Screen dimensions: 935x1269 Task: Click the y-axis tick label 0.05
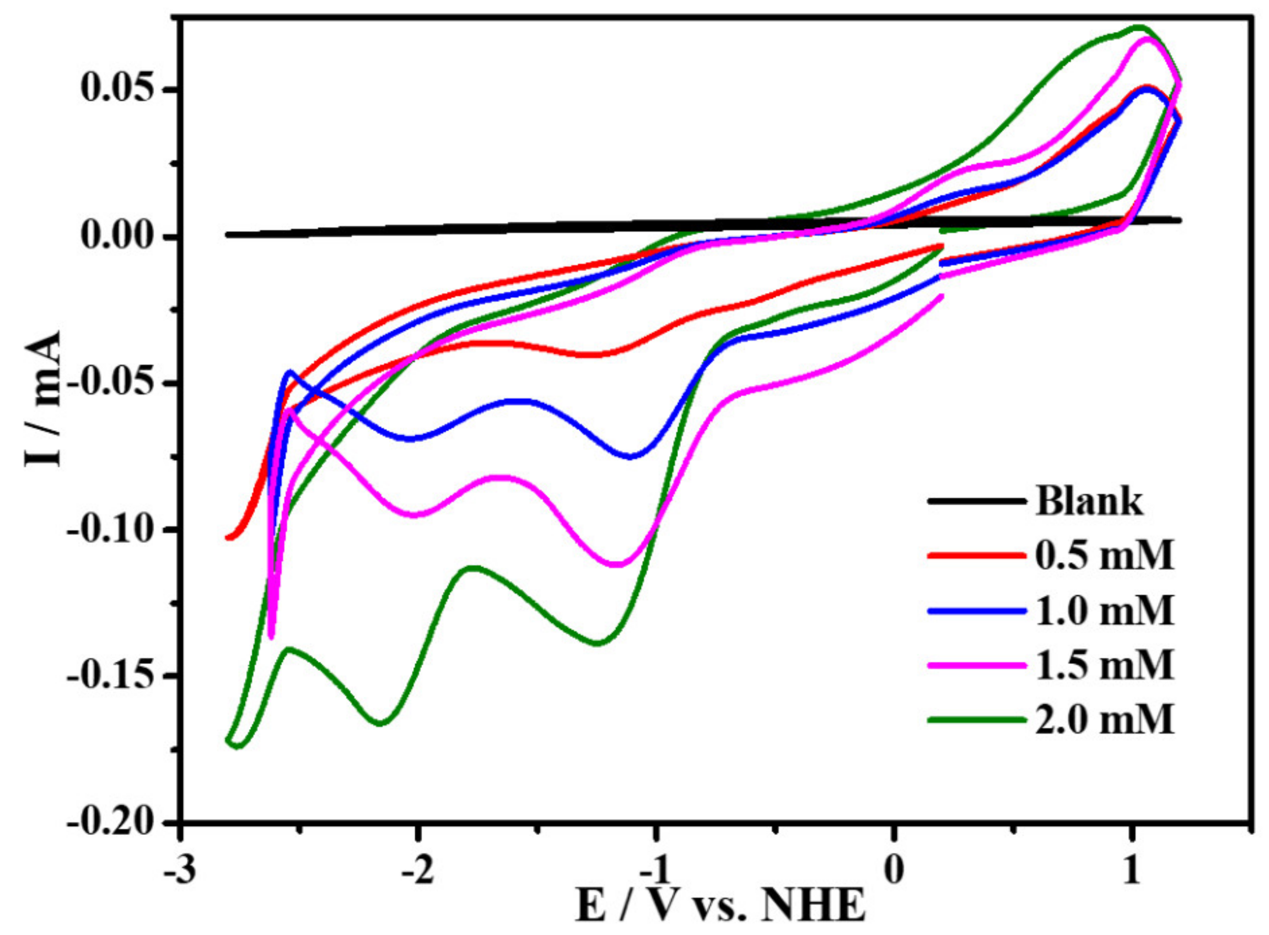point(117,89)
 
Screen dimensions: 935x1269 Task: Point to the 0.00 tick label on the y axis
point(117,235)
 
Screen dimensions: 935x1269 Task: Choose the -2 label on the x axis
point(417,871)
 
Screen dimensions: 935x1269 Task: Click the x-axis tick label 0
point(893,871)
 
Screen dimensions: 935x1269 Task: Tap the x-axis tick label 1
point(1131,871)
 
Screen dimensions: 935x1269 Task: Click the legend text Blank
point(1089,501)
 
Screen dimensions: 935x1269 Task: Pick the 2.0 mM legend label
point(1104,721)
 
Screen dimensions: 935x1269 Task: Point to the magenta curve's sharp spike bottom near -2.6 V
point(271,637)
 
